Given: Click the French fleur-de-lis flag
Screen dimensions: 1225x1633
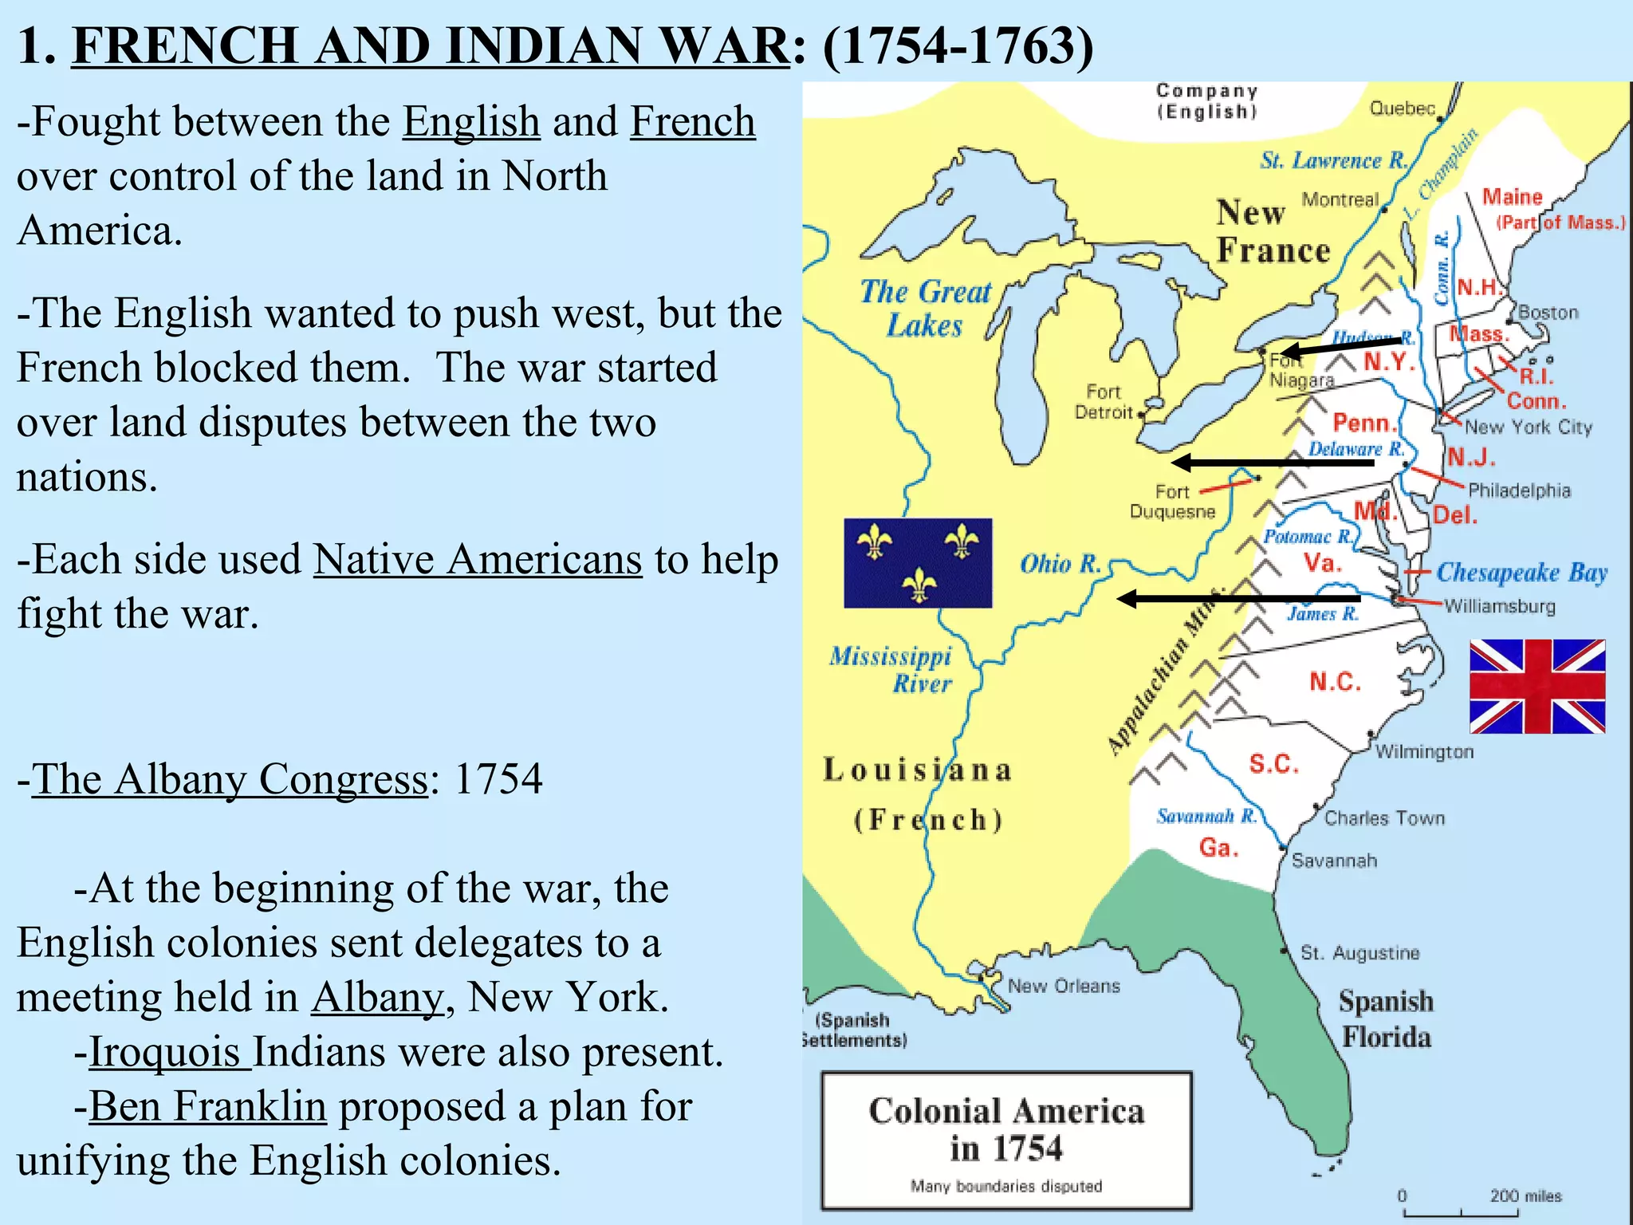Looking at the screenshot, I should pos(918,563).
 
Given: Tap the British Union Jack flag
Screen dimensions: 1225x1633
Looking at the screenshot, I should pos(1537,686).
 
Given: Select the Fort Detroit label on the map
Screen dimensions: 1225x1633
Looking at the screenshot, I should pos(1104,402).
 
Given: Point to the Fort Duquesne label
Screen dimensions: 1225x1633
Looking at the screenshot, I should pos(1172,502).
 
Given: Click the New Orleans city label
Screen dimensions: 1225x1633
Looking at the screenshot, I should pos(1064,986).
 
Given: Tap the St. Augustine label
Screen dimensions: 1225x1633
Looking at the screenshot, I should pos(1360,952).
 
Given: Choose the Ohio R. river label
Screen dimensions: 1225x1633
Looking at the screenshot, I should pos(1060,564).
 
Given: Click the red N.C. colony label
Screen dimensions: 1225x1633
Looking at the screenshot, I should pos(1335,682).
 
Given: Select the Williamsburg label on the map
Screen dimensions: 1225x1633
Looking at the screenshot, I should pos(1499,606).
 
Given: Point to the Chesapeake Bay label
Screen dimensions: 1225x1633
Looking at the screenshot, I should pos(1521,572).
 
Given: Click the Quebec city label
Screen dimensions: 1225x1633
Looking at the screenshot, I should pos(1403,108).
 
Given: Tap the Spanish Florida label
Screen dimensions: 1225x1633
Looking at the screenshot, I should pos(1386,1019).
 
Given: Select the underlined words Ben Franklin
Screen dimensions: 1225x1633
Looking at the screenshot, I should pos(207,1106).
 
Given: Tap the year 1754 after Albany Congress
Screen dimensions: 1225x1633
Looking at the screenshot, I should pos(498,778).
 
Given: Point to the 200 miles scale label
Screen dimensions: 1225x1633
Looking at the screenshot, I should pos(1525,1195).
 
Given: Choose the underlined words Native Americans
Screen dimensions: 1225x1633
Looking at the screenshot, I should pos(478,559).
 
